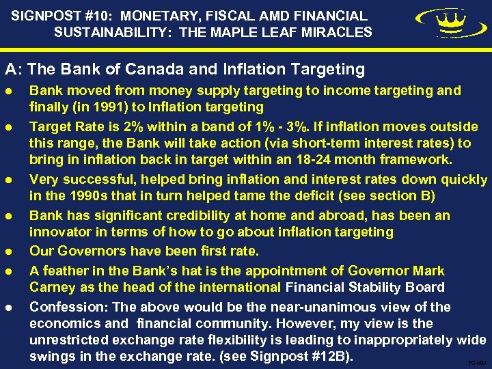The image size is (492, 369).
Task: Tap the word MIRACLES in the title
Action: tap(339, 32)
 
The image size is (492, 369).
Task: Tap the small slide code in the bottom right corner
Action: tap(475, 362)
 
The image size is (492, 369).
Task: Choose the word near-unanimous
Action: tap(266, 306)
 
